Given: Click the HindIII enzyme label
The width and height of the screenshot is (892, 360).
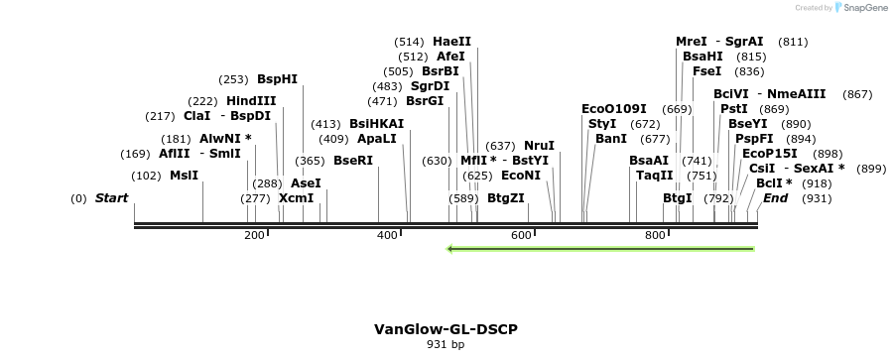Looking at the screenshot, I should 251,101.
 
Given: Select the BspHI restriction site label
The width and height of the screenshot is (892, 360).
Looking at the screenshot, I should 277,79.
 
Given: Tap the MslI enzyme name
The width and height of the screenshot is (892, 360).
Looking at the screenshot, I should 184,176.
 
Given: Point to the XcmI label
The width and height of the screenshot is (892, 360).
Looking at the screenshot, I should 296,198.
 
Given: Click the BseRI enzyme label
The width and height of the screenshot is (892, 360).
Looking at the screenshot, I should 352,161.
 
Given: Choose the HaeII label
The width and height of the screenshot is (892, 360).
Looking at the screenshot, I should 451,42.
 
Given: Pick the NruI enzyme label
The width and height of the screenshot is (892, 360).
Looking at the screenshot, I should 539,146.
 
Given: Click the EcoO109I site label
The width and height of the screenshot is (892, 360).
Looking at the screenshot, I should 613,108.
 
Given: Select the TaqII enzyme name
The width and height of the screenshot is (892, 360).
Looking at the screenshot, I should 654,176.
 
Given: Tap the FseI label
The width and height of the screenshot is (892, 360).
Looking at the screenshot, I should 706,71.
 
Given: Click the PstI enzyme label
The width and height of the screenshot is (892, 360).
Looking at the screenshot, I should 733,108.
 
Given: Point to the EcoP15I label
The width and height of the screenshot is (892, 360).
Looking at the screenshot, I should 769,154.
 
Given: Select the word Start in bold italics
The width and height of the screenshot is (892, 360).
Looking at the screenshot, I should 111,198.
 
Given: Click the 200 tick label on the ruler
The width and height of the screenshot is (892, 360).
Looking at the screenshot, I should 254,235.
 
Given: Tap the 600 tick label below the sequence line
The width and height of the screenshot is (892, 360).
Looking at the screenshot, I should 521,235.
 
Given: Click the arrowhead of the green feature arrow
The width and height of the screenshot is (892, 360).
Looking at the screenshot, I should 452,249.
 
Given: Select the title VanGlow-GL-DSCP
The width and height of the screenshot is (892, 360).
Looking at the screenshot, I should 446,329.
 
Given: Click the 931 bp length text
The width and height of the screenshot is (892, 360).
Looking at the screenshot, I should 446,345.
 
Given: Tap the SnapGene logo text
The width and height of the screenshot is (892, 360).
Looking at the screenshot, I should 859,8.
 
